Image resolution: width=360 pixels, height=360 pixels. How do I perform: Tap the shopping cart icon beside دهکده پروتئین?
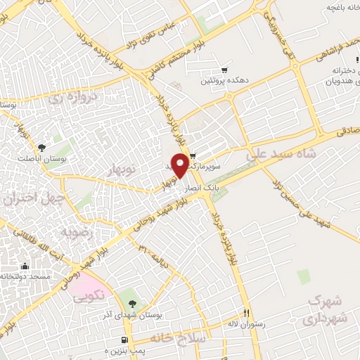[224, 70]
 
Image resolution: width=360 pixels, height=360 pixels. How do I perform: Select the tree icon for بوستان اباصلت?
[42, 147]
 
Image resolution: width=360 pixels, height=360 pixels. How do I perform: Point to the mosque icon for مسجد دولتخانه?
[25, 266]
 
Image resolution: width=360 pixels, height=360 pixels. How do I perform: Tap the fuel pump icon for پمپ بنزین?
[125, 341]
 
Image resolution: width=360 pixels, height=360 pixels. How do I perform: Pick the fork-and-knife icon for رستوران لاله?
[246, 314]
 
